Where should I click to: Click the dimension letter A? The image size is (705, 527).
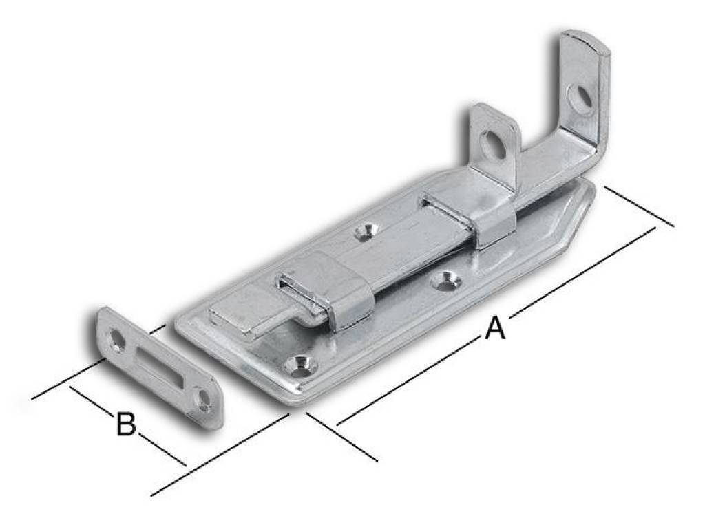(x=494, y=328)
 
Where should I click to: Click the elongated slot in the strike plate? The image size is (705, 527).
(x=158, y=367)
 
